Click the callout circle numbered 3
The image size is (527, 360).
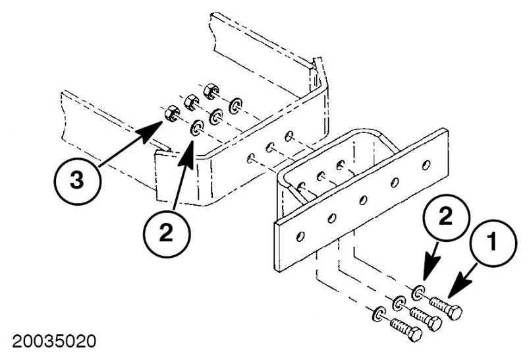tap(78, 179)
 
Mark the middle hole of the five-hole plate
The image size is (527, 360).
tap(364, 198)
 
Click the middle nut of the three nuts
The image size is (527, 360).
tap(191, 102)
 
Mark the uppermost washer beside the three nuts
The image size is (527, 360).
tap(235, 105)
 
